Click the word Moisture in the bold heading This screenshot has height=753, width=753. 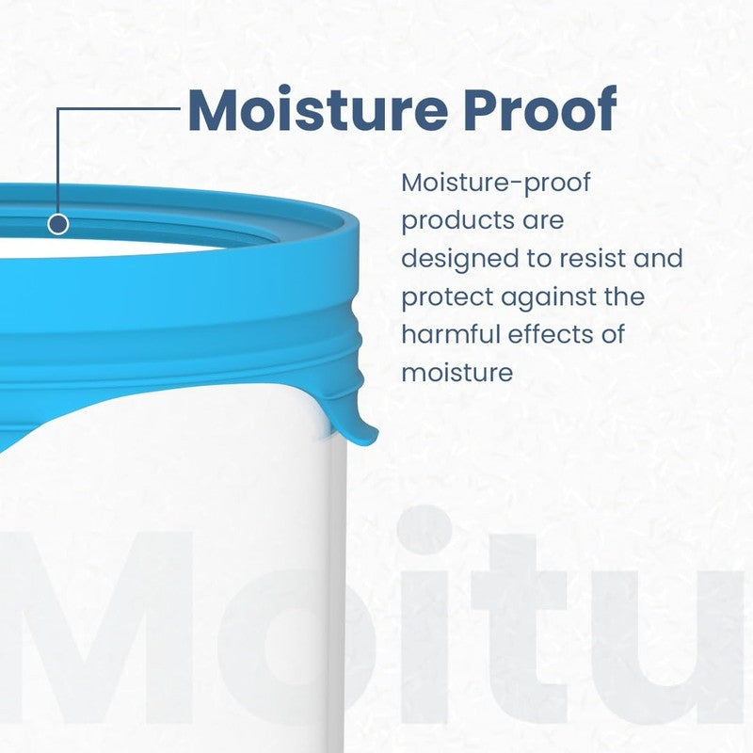coord(317,109)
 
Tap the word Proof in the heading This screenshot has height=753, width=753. coord(539,109)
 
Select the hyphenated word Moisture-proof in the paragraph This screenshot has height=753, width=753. coord(496,184)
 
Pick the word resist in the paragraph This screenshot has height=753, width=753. coord(592,258)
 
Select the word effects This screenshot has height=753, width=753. coord(549,334)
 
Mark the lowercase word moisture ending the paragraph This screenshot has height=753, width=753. coord(457,373)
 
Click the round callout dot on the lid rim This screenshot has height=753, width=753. coord(58,224)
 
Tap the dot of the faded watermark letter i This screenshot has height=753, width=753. coord(424,532)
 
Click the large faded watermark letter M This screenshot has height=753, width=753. coord(96,628)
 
